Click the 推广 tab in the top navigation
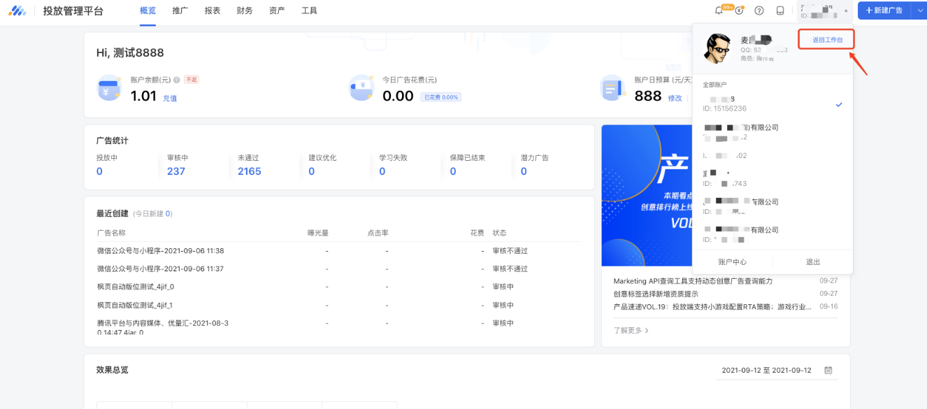(x=180, y=10)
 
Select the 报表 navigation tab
(x=213, y=10)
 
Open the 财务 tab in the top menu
(x=245, y=10)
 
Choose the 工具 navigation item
(x=309, y=10)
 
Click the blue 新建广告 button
(x=884, y=10)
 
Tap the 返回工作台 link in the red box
(x=827, y=40)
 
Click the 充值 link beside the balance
(x=170, y=99)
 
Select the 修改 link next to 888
(x=675, y=99)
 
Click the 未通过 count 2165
(x=249, y=171)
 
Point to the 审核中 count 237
(x=176, y=171)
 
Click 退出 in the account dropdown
(x=813, y=262)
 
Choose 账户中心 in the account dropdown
(x=733, y=262)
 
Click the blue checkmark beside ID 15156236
(x=839, y=105)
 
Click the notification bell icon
(x=719, y=10)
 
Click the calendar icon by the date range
(x=828, y=370)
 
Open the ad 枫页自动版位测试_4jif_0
(x=136, y=287)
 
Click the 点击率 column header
(x=378, y=233)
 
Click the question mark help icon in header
(x=759, y=10)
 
